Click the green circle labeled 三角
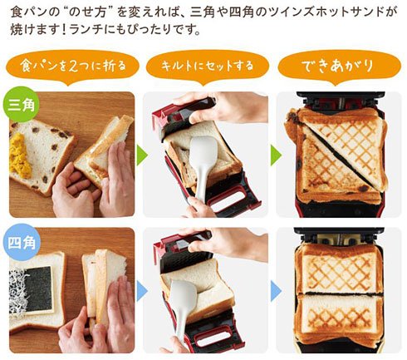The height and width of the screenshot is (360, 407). tap(21, 105)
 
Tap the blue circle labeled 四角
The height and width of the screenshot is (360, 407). tap(22, 243)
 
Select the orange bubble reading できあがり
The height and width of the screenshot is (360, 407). tap(340, 67)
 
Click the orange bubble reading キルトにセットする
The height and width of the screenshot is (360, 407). tap(208, 67)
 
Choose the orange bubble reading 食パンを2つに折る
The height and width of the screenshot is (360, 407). tap(72, 67)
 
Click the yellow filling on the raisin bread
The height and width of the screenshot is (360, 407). tap(20, 155)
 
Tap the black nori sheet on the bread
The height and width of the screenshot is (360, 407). tap(39, 288)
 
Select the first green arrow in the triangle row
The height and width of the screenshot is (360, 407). tap(142, 155)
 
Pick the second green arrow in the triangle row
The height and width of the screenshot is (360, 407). tap(276, 155)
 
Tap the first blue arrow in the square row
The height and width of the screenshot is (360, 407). tap(142, 291)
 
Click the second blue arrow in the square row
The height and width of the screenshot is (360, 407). tap(276, 291)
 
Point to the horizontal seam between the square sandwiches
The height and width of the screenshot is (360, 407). tap(340, 293)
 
